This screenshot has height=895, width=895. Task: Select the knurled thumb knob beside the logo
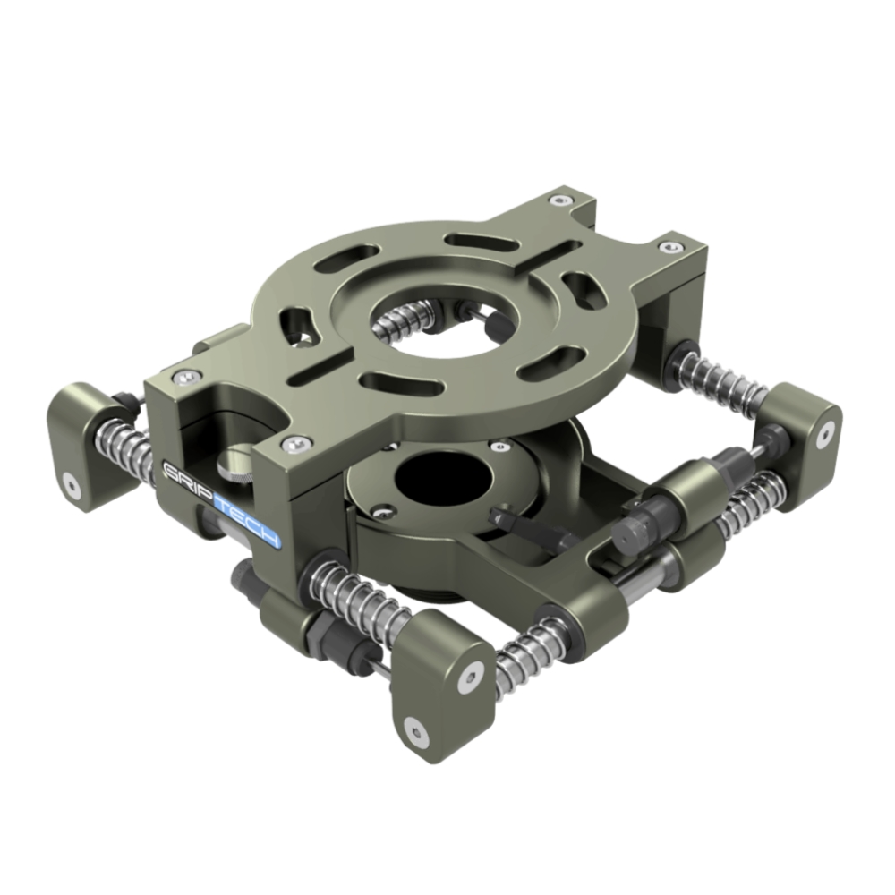230,464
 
